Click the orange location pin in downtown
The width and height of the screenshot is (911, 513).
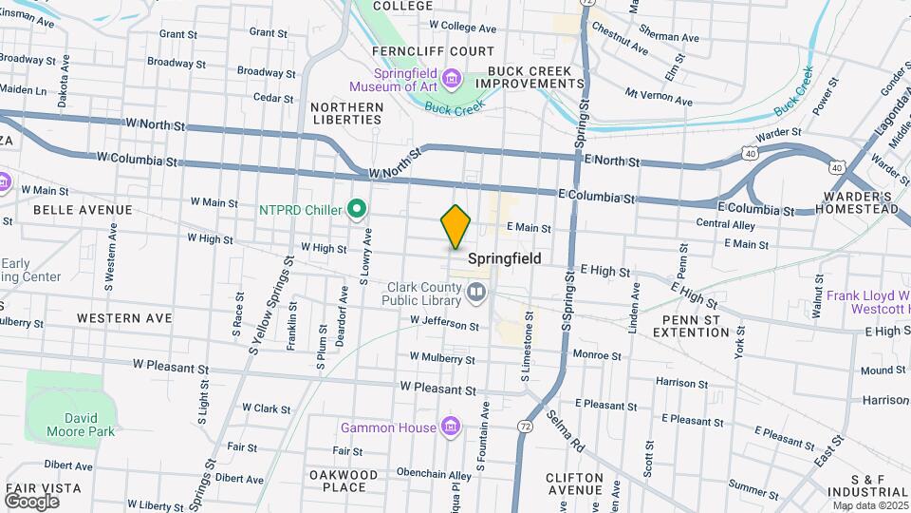pos(455,226)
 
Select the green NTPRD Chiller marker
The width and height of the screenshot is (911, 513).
pos(357,207)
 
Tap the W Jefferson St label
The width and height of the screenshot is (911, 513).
pos(444,325)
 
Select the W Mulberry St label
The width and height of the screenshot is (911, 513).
pos(441,357)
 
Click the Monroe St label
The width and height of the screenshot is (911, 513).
pos(597,355)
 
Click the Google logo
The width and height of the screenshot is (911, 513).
pos(31,501)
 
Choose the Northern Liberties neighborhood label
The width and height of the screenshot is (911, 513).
pos(347,114)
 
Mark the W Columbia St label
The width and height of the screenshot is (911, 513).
pos(138,160)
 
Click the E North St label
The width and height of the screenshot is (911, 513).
pos(612,161)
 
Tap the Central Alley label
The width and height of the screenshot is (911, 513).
pos(725,225)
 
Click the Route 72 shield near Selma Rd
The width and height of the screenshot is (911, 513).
pos(525,428)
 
